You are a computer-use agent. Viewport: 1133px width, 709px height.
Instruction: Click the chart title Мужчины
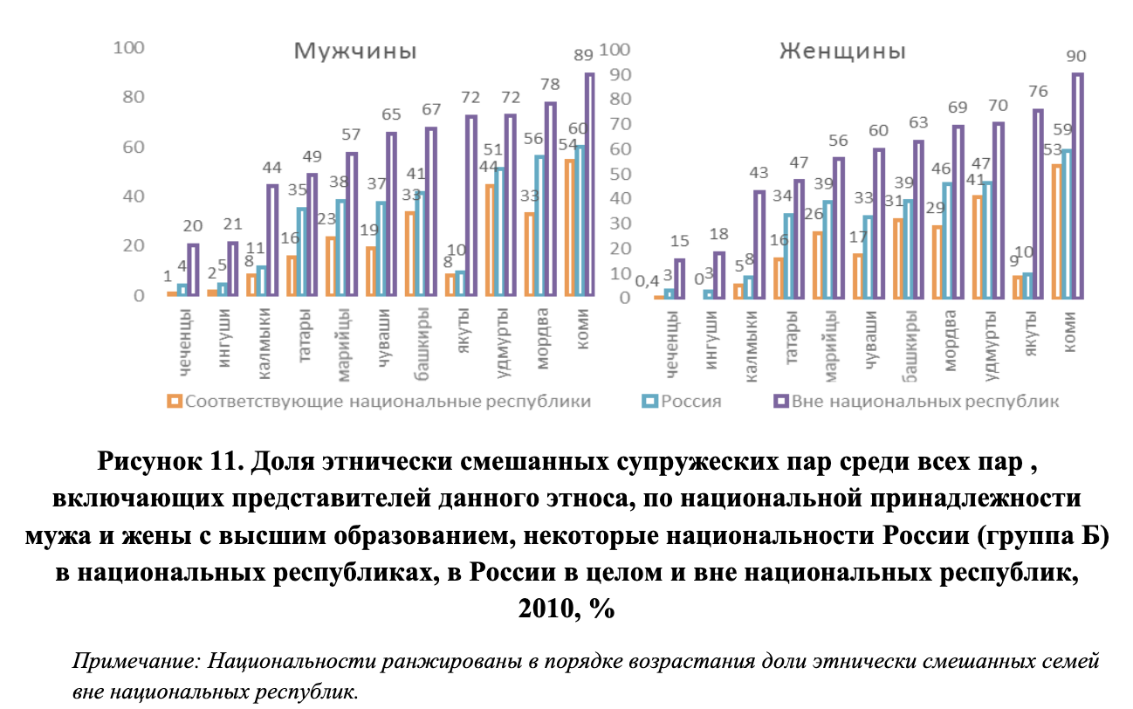coord(354,51)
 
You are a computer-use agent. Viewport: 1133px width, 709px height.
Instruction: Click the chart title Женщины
coord(841,51)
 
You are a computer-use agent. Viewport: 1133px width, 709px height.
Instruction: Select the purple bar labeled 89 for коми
coord(589,185)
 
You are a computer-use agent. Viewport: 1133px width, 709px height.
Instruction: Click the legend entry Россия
coord(690,402)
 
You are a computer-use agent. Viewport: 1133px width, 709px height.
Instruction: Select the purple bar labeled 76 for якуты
coord(1038,203)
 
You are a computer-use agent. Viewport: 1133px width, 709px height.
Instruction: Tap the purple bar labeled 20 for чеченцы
coord(193,271)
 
